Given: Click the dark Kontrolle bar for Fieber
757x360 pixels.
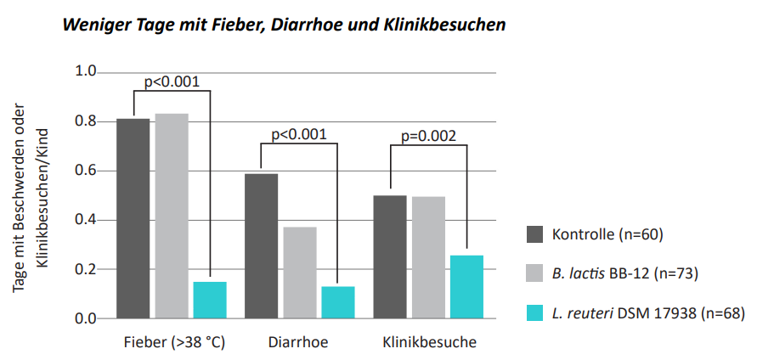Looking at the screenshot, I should click(133, 218).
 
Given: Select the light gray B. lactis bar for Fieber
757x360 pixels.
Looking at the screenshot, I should click(172, 216).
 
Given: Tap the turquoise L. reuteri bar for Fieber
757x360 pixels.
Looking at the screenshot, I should click(210, 300).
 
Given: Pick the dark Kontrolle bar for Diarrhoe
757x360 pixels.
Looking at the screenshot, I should click(262, 246).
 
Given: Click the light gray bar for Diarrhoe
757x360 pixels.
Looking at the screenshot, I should click(300, 273).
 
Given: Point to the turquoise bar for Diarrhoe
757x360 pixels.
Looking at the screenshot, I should click(338, 302).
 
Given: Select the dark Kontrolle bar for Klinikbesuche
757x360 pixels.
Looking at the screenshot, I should click(390, 256).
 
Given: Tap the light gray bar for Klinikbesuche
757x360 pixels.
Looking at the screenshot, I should click(428, 257).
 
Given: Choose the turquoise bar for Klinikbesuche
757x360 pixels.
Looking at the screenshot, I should click(466, 286).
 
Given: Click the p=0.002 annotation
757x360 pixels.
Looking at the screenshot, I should click(428, 135).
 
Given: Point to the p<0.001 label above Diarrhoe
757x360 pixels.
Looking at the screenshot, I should click(299, 133).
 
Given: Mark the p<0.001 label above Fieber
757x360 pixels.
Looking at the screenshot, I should click(172, 82).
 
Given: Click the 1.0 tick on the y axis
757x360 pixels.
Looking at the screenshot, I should click(88, 71).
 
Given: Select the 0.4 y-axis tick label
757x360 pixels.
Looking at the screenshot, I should click(88, 220).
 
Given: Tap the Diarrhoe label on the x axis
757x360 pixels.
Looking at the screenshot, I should click(298, 343).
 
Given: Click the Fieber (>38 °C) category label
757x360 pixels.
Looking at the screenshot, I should click(172, 343).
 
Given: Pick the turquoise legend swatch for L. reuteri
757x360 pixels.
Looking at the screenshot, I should click(535, 313).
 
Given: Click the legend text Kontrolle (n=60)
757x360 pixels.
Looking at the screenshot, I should click(607, 234).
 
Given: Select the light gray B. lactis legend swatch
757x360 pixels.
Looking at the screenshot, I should click(535, 273).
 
